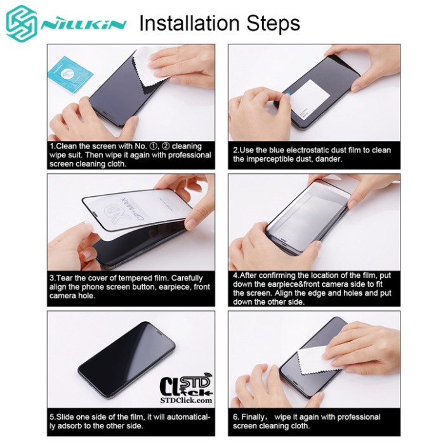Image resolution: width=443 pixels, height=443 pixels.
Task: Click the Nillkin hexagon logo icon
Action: coord(22,25)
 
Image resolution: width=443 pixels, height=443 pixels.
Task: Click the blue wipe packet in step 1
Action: coord(71,71)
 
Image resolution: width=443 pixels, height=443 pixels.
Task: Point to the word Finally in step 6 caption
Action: coord(256,417)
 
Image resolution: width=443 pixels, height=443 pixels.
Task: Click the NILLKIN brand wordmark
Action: coord(84,26)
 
